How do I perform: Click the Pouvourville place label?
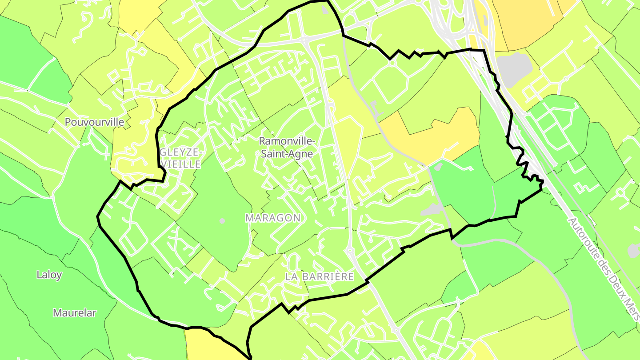(94, 122)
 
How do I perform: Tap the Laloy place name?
(49, 275)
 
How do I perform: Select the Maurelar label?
(75, 313)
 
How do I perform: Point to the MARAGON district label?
(273, 218)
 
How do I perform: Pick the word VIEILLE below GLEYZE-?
(181, 164)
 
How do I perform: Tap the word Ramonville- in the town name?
(287, 141)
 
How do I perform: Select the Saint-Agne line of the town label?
(287, 154)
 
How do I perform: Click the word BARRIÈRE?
(328, 277)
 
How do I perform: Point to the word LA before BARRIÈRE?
(292, 277)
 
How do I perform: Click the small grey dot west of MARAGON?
(222, 221)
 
